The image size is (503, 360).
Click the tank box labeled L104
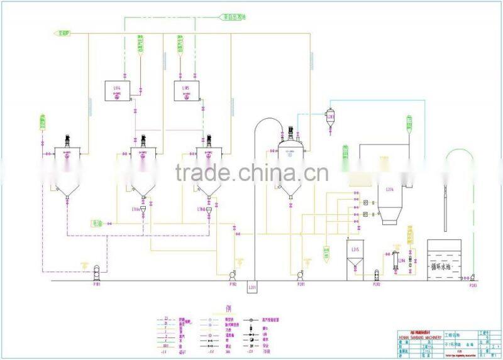(x=117, y=91)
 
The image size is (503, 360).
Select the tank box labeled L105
(x=186, y=91)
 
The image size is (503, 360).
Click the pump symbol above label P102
(x=233, y=274)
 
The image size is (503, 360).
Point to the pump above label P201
(x=301, y=274)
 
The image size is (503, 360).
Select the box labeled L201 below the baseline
(x=253, y=287)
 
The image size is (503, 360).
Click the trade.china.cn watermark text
(x=251, y=172)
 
